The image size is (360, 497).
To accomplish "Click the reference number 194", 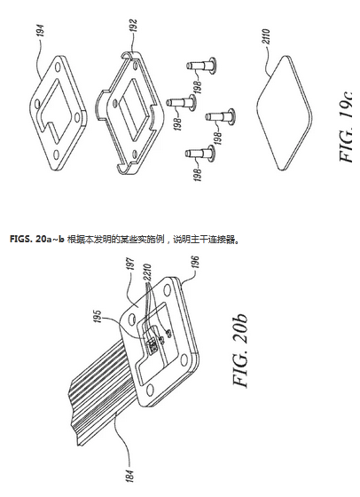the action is (42, 31).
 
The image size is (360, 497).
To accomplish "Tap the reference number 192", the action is (134, 27).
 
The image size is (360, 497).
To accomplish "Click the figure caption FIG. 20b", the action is (239, 351).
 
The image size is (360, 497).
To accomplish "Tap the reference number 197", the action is (132, 264).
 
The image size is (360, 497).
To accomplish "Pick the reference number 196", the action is (195, 263).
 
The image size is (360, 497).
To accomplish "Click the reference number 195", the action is (98, 317).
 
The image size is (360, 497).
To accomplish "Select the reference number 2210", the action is (148, 272).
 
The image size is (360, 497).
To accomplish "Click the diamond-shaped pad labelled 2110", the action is (283, 112).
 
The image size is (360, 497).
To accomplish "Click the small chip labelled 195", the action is (151, 344).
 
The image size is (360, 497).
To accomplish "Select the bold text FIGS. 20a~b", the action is (37, 239).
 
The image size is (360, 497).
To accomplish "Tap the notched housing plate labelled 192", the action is (129, 112).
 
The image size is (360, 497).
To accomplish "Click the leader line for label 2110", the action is (265, 60).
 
